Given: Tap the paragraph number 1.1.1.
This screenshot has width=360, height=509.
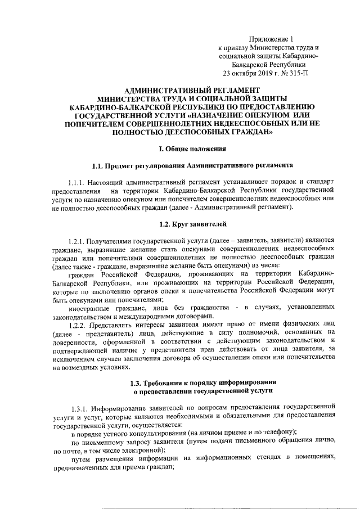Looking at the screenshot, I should coord(79,183).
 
